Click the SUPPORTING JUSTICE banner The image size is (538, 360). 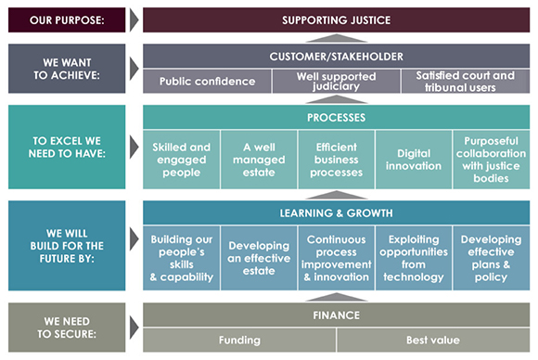[335, 19]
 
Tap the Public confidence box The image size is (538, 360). [207, 82]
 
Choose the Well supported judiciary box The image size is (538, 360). [335, 82]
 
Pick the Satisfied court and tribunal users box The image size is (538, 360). [465, 82]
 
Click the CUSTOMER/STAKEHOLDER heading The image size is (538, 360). [335, 57]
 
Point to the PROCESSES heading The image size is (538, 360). [335, 118]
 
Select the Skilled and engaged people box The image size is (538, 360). [181, 160]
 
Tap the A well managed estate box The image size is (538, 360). [259, 160]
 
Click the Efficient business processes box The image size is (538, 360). [336, 160]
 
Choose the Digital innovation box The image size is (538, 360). [413, 160]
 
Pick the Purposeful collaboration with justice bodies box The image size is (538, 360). [491, 160]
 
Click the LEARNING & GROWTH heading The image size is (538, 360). [335, 213]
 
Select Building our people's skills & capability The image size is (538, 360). [181, 258]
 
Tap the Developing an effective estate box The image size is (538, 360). [259, 258]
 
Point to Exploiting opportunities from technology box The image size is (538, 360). [413, 258]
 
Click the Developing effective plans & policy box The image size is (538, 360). [491, 258]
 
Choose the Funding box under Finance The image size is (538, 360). [238, 341]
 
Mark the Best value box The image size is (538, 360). [432, 341]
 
